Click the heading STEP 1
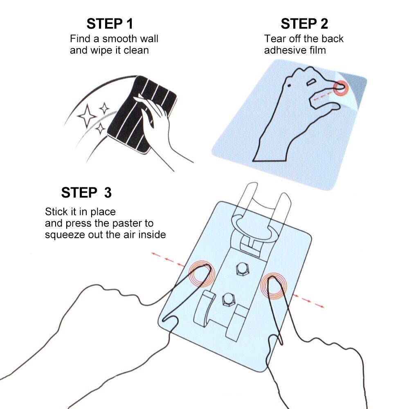(110, 24)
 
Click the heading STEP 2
(304, 24)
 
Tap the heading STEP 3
(86, 193)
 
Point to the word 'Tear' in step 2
(274, 39)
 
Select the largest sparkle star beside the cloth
(87, 116)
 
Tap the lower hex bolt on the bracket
(229, 299)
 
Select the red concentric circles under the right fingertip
(274, 286)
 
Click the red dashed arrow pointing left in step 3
(168, 259)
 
